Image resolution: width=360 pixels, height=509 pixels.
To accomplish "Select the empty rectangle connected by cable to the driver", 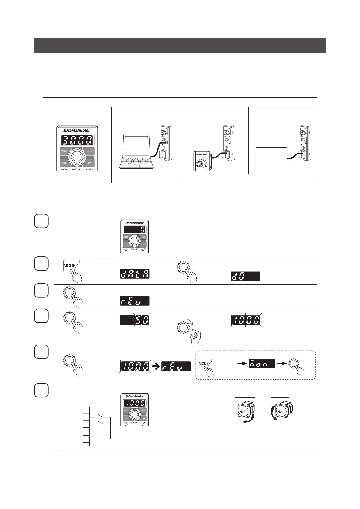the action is (271, 158).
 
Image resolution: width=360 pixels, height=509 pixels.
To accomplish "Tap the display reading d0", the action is (245, 276).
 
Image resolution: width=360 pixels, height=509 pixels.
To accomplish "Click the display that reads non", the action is (262, 364).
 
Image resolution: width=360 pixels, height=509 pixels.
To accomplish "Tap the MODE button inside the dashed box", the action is (204, 363).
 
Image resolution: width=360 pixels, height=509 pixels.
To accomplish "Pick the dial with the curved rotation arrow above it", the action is (182, 327).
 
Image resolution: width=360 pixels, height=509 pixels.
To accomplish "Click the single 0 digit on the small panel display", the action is (142, 230).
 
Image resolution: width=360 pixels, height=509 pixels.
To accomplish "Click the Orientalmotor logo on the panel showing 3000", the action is (77, 131).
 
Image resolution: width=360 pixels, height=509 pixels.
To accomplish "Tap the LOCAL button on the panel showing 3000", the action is (64, 163).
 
